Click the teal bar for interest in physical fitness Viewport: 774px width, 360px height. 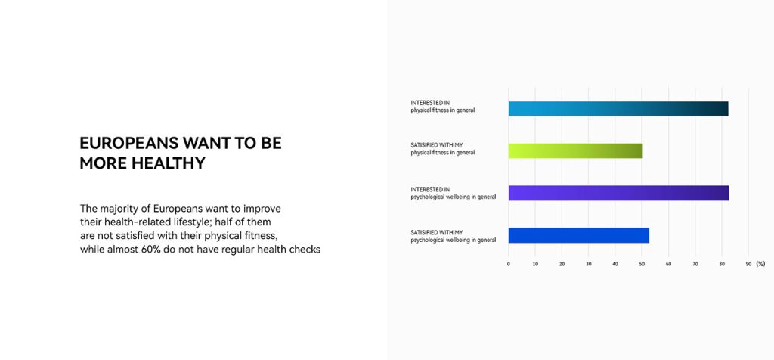point(618,109)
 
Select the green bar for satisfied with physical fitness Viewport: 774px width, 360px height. point(575,151)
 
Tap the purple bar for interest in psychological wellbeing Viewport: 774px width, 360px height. point(618,193)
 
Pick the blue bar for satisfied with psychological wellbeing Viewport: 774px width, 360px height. point(578,235)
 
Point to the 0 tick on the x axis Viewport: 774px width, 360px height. point(509,264)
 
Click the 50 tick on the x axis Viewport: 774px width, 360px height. point(642,264)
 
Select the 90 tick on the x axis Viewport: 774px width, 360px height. point(748,264)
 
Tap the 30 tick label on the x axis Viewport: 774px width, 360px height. point(588,264)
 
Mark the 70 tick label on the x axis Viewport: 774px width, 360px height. point(695,264)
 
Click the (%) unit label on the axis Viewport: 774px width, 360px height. point(760,264)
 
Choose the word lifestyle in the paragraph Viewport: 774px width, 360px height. point(193,222)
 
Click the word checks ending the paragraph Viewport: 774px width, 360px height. point(306,250)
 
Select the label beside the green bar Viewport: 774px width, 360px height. point(443,149)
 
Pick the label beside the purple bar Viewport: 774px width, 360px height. point(454,193)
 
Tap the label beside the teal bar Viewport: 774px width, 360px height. point(443,107)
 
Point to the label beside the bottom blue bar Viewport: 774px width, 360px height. point(454,236)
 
